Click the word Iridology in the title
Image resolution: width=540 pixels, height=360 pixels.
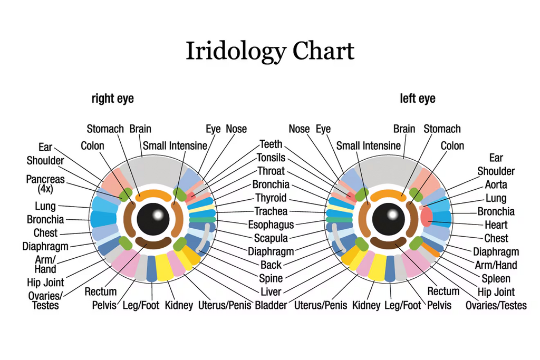click(235, 52)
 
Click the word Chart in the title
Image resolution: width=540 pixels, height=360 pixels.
click(323, 51)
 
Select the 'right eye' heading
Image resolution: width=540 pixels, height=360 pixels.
click(112, 99)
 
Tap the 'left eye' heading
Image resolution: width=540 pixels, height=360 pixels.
click(418, 99)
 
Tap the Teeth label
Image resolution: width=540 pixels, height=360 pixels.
click(271, 144)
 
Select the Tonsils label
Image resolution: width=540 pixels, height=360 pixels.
click(271, 158)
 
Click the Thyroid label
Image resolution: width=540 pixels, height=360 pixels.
click(271, 198)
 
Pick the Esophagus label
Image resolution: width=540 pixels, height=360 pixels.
click(271, 225)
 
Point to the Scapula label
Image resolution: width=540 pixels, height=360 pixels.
click(271, 238)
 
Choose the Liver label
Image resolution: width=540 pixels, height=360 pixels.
click(271, 291)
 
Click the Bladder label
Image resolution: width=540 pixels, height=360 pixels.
click(271, 305)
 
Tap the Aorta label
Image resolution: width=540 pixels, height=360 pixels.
click(496, 184)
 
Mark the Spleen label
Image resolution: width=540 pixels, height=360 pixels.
click(496, 278)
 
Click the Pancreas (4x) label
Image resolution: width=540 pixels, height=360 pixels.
click(45, 183)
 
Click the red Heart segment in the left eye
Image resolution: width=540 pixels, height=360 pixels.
click(426, 217)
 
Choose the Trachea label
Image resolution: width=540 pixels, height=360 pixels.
click(271, 211)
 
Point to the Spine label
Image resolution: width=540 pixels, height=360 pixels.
click(271, 278)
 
